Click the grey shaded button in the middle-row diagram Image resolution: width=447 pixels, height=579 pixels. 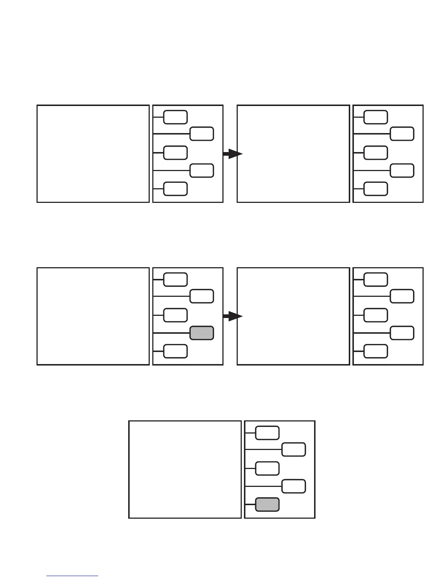tap(202, 333)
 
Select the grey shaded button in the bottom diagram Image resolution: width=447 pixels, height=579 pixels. tap(267, 504)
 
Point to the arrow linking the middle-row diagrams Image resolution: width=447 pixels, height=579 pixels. tap(232, 316)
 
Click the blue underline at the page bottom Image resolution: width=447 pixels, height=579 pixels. tap(73, 576)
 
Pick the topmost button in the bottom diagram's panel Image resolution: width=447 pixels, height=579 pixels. tap(267, 433)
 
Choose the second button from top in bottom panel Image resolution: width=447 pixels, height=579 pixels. tap(294, 450)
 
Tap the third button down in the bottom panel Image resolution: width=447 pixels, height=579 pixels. tap(267, 469)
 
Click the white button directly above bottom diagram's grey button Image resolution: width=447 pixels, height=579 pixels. tap(294, 487)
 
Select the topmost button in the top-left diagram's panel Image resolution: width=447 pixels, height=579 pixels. tap(175, 117)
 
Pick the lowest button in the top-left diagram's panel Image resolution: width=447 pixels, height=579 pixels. tap(175, 189)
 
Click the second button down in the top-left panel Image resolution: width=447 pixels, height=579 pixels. tap(202, 134)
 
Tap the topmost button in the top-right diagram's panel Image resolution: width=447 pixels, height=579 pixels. tap(376, 117)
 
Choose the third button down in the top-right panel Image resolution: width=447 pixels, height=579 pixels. tap(376, 153)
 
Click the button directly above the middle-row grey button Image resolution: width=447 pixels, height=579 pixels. tap(175, 315)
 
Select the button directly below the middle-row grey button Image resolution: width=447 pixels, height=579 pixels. tap(175, 351)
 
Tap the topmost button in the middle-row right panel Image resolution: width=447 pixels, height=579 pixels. tap(376, 279)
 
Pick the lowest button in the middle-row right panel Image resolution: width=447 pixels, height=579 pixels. tap(376, 351)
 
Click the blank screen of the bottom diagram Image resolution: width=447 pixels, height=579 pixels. tap(185, 469)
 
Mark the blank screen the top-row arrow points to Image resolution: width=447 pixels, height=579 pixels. tap(293, 154)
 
